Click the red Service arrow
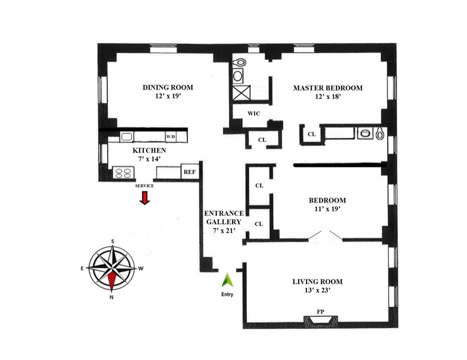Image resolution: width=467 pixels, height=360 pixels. pyautogui.click(x=145, y=198)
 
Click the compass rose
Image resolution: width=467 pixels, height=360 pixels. pyautogui.click(x=112, y=268)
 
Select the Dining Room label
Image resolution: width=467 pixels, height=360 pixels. pyautogui.click(x=168, y=87)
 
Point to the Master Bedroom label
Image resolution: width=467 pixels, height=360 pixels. pyautogui.click(x=327, y=88)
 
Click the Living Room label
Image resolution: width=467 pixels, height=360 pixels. pyautogui.click(x=317, y=282)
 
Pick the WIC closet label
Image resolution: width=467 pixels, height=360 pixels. pyautogui.click(x=254, y=113)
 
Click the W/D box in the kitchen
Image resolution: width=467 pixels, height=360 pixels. pyautogui.click(x=171, y=136)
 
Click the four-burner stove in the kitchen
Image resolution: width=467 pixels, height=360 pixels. pyautogui.click(x=124, y=172)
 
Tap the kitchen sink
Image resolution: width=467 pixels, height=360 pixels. pyautogui.click(x=126, y=136)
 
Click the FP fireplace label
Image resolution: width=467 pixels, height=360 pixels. pyautogui.click(x=321, y=312)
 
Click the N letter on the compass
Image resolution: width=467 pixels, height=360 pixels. pyautogui.click(x=111, y=298)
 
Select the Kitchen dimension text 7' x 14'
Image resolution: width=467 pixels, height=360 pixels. pyautogui.click(x=149, y=158)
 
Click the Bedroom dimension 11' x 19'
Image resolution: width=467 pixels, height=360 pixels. pyautogui.click(x=327, y=208)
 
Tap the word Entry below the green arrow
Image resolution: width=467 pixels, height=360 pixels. pyautogui.click(x=227, y=294)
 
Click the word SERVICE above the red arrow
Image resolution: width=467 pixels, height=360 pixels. pyautogui.click(x=145, y=186)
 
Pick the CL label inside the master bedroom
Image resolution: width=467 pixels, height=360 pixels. pyautogui.click(x=311, y=134)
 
